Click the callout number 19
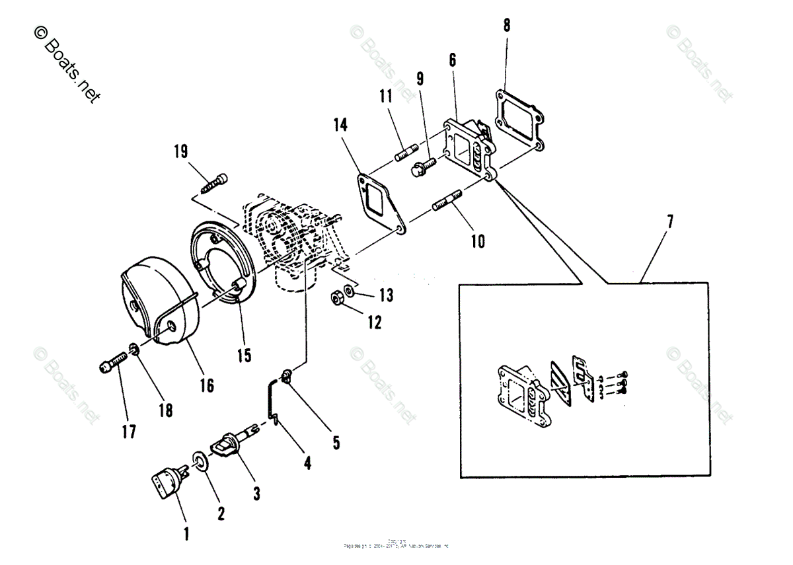point(180,151)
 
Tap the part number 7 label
point(670,221)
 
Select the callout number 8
point(506,26)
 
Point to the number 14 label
point(340,124)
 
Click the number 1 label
point(186,533)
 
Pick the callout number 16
point(207,385)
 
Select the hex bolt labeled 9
point(421,166)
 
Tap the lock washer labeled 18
point(133,348)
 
